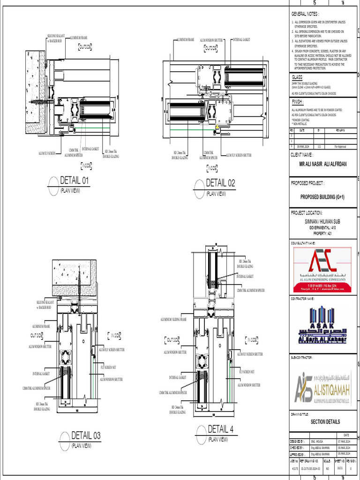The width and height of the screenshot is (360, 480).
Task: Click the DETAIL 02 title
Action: [220, 183]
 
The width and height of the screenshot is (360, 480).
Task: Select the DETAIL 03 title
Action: [85, 435]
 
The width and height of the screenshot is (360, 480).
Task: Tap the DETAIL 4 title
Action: [220, 429]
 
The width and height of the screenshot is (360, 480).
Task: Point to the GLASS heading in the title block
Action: [297, 76]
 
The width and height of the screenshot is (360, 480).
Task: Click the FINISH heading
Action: [298, 101]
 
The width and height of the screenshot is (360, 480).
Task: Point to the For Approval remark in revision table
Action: [340, 147]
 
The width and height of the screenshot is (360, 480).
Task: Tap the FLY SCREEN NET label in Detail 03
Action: [108, 367]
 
